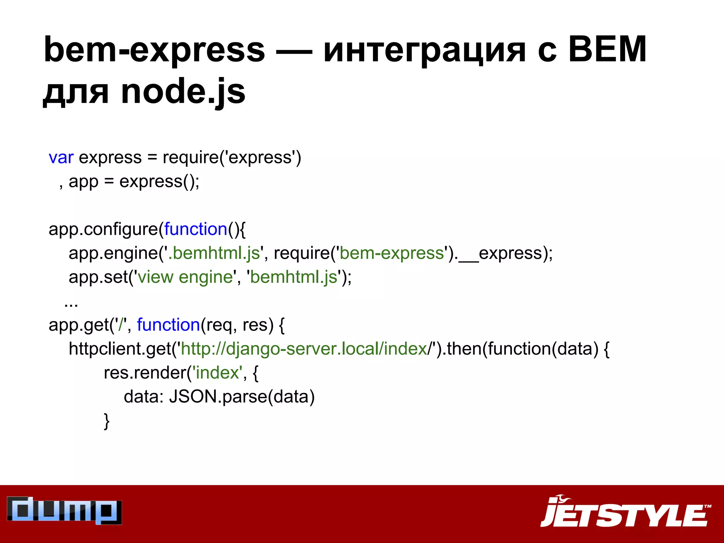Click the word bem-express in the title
click(154, 50)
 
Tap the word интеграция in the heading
click(425, 50)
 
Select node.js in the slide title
click(183, 92)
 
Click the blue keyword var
click(61, 157)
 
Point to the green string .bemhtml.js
click(214, 253)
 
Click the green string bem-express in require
click(392, 253)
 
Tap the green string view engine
click(186, 277)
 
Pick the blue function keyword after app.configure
click(196, 229)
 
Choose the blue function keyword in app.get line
click(169, 325)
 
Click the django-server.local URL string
click(304, 349)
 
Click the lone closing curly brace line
click(106, 421)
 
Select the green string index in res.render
click(217, 373)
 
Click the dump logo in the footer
click(64, 510)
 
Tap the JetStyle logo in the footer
click(625, 512)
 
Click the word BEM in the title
click(607, 50)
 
